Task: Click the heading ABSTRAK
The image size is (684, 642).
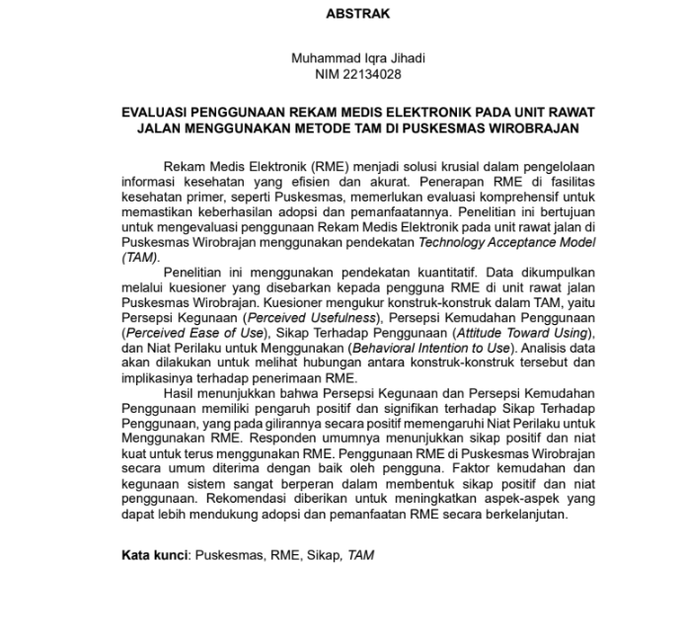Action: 357,14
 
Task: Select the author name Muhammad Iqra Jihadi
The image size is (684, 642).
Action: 357,58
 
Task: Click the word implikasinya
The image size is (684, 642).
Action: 161,377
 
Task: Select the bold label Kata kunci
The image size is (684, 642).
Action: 154,555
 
